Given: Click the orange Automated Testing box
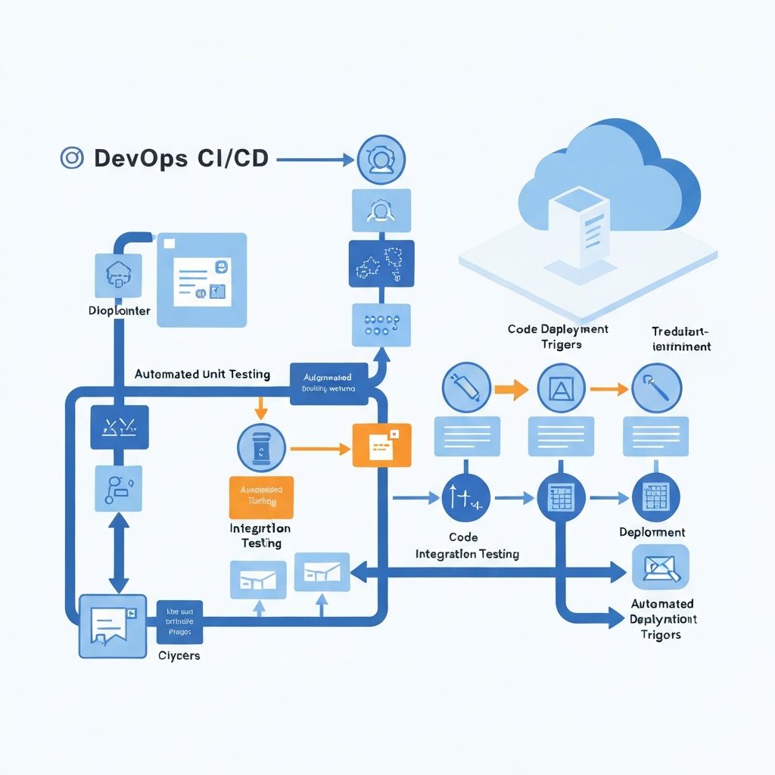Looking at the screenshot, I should [x=260, y=497].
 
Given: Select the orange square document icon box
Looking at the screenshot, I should [x=381, y=445].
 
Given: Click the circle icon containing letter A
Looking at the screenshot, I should [x=561, y=390].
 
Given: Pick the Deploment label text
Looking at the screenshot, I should [x=652, y=532].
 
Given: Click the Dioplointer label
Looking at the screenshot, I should [x=119, y=311].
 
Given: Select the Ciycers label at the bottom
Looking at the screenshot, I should [x=179, y=655].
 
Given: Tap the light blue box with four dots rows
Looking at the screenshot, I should [x=381, y=325].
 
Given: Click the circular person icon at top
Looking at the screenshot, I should [x=381, y=159].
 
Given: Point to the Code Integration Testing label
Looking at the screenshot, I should [x=467, y=546].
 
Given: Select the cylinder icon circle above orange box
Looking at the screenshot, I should [x=261, y=448].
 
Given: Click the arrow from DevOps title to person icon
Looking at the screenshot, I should [x=316, y=159].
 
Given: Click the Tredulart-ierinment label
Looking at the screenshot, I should [x=681, y=338].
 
